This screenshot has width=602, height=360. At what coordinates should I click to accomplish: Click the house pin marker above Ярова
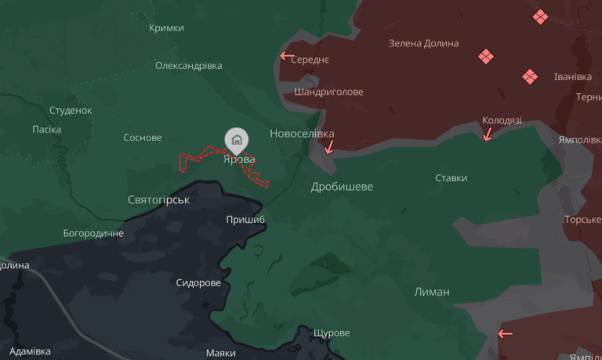click(x=237, y=140)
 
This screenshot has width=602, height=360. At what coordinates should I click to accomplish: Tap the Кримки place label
click(x=166, y=28)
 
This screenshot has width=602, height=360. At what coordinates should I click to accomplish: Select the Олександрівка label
click(x=188, y=66)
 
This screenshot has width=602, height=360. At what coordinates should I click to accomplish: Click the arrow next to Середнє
click(x=287, y=56)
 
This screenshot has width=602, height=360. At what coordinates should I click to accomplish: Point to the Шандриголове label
click(x=328, y=92)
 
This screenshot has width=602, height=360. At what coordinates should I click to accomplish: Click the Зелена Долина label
click(x=423, y=43)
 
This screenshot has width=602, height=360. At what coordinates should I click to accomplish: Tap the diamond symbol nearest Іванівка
click(x=531, y=76)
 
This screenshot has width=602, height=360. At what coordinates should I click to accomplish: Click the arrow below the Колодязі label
click(x=487, y=134)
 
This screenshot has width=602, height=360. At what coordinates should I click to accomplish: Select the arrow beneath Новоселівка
click(x=329, y=146)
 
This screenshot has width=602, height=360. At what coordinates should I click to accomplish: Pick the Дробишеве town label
click(x=342, y=187)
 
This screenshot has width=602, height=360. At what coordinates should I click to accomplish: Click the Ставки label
click(x=451, y=178)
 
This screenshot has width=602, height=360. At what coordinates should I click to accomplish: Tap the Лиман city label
click(x=432, y=292)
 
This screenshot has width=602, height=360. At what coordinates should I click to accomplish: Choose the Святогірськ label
click(x=158, y=200)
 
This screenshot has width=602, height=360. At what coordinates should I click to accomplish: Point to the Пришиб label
click(x=245, y=220)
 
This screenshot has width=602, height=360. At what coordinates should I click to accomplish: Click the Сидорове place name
click(x=198, y=282)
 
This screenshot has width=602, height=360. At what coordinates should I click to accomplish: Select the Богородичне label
click(x=93, y=234)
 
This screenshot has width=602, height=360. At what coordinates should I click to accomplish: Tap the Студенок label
click(x=71, y=111)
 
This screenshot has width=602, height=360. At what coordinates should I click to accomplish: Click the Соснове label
click(x=143, y=138)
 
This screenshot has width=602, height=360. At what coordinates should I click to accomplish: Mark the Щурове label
click(x=331, y=333)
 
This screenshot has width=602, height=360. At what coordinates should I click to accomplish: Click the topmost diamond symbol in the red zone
click(x=540, y=16)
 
